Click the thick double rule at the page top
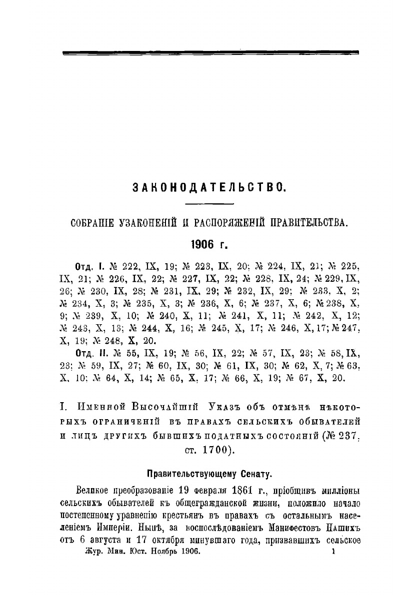[209, 52]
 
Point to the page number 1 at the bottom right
[332, 551]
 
